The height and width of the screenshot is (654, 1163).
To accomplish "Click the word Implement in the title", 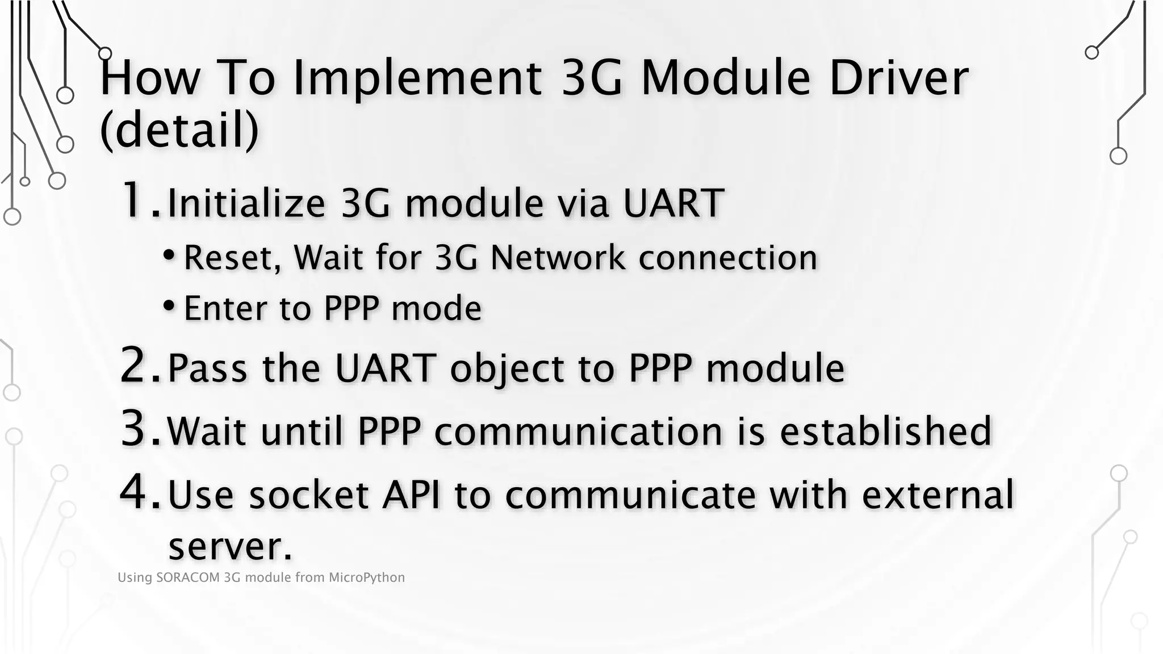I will coord(417,78).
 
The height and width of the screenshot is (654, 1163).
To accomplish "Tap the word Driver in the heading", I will coord(898,78).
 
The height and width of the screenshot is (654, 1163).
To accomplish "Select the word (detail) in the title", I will coord(179,130).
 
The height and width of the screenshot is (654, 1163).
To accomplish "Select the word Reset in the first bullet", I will coord(232,258).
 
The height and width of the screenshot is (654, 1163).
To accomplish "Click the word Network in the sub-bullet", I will coord(558,258).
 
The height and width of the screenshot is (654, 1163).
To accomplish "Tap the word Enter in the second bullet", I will coord(225,308).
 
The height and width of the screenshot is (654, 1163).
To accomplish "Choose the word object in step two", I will coord(507,368).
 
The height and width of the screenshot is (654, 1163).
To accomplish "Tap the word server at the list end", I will coord(229,546).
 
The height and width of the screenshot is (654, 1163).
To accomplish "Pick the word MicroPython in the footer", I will coord(367,578).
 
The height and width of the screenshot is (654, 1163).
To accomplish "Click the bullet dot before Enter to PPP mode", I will coord(169,306).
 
